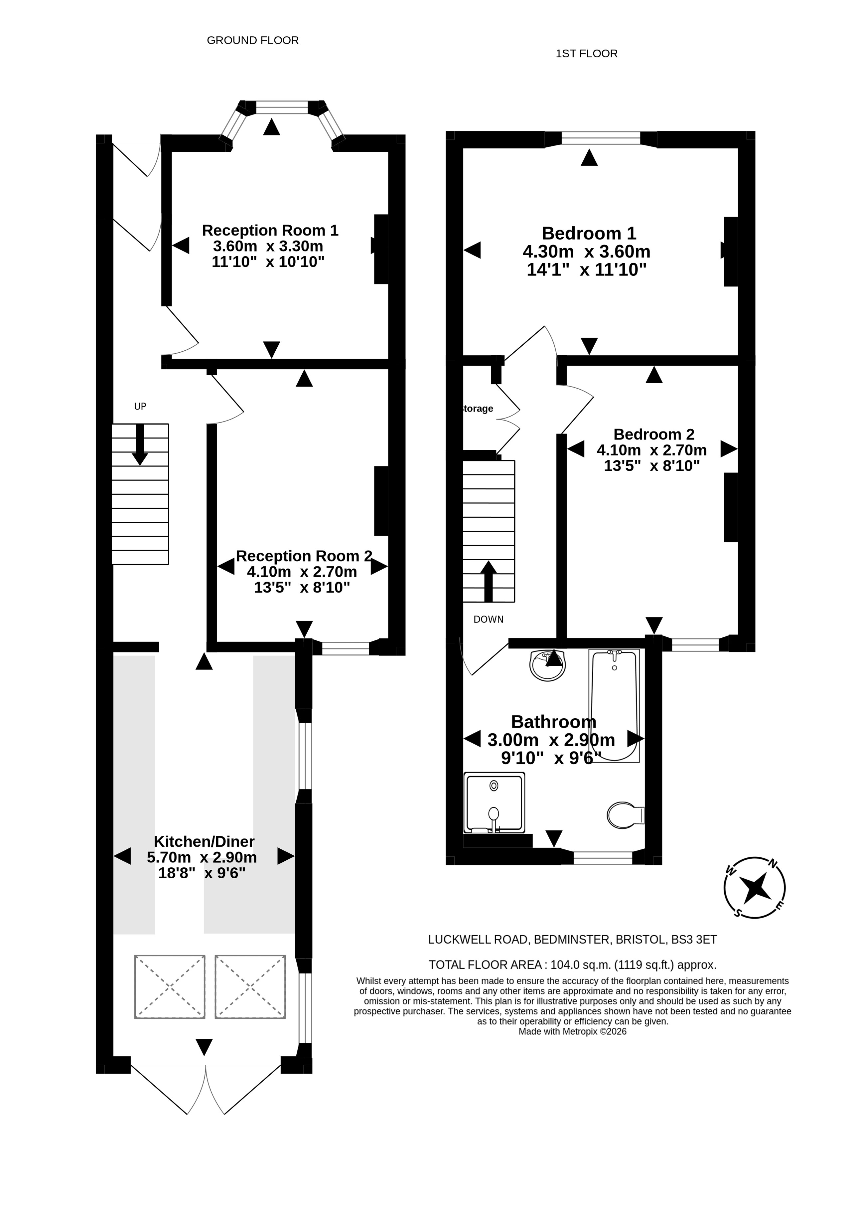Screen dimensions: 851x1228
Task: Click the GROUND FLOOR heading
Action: click(x=253, y=41)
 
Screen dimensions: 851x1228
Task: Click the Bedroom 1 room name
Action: click(x=589, y=234)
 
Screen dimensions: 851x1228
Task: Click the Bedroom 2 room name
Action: click(x=654, y=434)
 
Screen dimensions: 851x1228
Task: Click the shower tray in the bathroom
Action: click(x=494, y=803)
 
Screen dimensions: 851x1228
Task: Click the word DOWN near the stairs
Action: click(x=489, y=619)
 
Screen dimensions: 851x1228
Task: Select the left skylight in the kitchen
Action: click(x=170, y=987)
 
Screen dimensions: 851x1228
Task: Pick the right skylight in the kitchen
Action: click(x=250, y=987)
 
